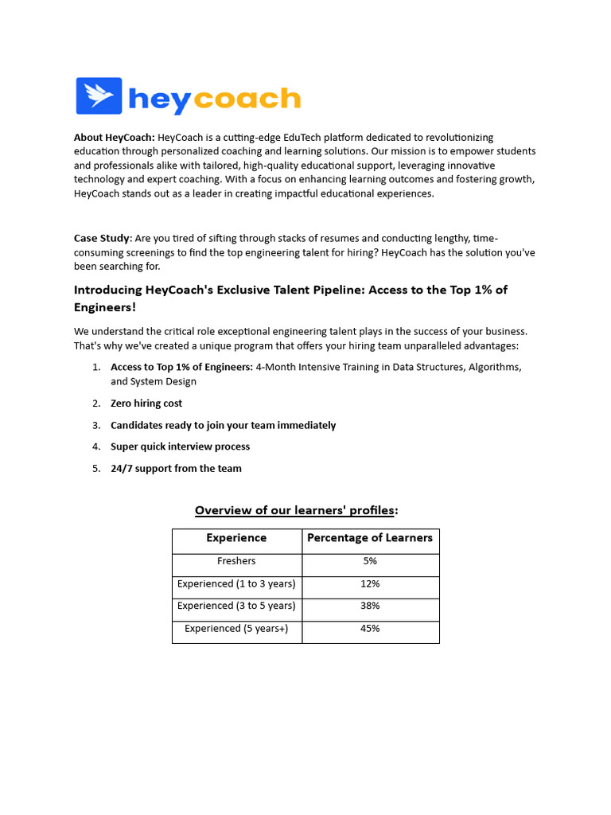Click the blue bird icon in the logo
pos(99,96)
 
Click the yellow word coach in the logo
pos(247,99)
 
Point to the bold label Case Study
pos(102,238)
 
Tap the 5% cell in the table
pos(370,561)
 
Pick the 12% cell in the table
pos(370,583)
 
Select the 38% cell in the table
pos(370,606)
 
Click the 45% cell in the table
pos(370,628)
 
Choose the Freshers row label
pos(236,561)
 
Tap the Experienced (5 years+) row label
pos(236,628)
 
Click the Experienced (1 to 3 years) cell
pos(236,583)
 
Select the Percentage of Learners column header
pos(370,538)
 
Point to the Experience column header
pos(236,538)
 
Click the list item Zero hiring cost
pos(146,404)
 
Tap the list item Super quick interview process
pos(180,446)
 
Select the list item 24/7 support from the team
pos(176,468)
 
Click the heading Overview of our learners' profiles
pos(296,510)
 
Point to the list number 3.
pos(96,425)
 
